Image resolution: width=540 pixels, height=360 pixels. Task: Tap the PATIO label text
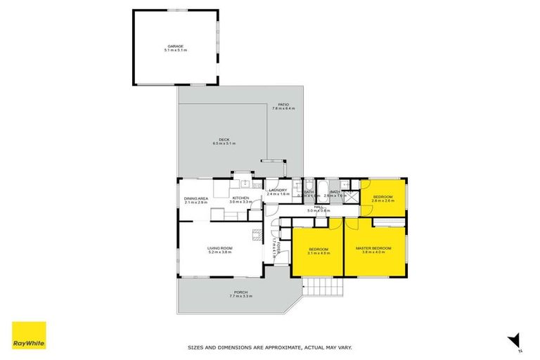[x=283, y=105]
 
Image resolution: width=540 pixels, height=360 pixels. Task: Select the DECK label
[x=224, y=139]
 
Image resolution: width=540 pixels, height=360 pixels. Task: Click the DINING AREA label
[x=196, y=198]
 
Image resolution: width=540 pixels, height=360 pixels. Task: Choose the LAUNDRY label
[x=279, y=190]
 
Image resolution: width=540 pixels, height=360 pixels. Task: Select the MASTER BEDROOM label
[x=373, y=248]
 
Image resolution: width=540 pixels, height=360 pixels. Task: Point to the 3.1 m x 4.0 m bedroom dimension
[x=318, y=253]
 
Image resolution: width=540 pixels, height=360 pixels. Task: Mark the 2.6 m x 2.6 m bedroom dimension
[x=383, y=200]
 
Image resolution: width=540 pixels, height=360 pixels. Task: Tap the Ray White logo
[x=29, y=335]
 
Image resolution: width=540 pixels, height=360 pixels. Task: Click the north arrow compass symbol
[x=515, y=340]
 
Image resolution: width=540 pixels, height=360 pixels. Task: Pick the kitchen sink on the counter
[x=244, y=184]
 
